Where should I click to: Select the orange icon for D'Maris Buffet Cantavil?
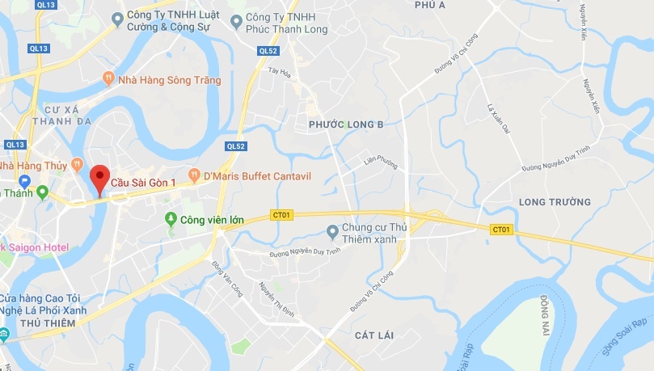(194, 175)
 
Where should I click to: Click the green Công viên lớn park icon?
(171, 218)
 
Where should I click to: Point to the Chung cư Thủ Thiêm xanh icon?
(331, 233)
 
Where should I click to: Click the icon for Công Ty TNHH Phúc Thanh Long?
(236, 20)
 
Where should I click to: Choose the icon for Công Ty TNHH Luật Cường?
(119, 17)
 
